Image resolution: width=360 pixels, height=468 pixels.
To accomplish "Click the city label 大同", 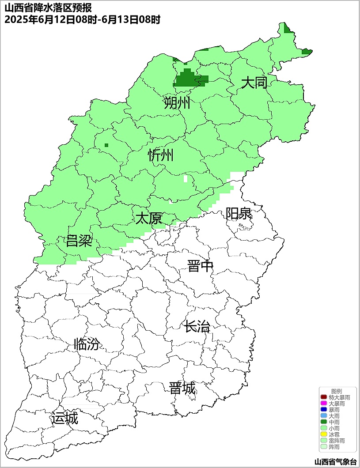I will click(254, 83).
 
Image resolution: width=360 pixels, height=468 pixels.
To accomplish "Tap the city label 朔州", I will click(177, 103).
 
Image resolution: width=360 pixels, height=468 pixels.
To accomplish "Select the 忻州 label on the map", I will click(161, 155).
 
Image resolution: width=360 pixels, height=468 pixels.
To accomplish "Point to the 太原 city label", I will click(148, 218).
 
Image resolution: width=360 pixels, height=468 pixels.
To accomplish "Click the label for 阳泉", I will click(239, 214).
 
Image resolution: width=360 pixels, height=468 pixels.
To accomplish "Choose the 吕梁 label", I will click(79, 241).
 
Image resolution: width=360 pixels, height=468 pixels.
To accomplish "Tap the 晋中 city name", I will click(200, 266).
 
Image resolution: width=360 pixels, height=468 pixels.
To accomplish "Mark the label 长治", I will click(197, 327).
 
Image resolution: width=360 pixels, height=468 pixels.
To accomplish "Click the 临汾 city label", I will click(87, 344).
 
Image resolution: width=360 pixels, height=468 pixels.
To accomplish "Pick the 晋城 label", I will click(182, 389).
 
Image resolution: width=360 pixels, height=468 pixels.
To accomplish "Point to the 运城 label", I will click(64, 418).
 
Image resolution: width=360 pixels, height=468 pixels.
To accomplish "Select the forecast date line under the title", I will click(82, 20).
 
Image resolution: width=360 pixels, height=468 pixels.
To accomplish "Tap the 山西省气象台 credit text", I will click(335, 461).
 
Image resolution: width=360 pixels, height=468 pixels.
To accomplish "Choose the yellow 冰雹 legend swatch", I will click(324, 435).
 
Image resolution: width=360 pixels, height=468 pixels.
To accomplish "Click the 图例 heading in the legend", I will click(337, 392).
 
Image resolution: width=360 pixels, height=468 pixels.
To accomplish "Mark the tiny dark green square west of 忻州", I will click(106, 145).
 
